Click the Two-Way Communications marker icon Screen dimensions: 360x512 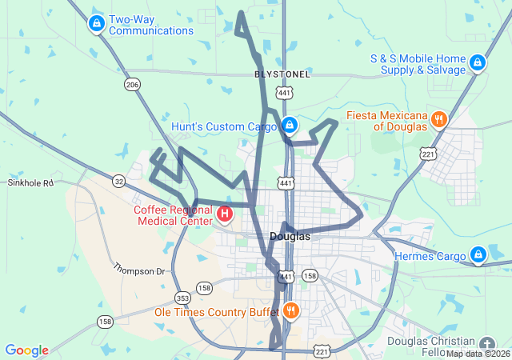click(97, 23)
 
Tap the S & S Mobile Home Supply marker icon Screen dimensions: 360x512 click(478, 62)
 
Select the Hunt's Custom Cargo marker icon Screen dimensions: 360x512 click(290, 126)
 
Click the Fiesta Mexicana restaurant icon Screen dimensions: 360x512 click(438, 120)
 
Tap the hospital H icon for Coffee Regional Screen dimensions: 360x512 click(225, 214)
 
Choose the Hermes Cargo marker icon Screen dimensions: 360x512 click(478, 255)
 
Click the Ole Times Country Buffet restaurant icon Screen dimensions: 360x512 click(290, 310)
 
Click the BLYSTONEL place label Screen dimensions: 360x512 click(282, 74)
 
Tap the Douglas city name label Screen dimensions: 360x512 click(290, 236)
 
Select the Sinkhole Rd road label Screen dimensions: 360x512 click(30, 182)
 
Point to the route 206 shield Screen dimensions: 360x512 click(132, 84)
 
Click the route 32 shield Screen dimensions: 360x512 click(118, 181)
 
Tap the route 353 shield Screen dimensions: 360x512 click(182, 297)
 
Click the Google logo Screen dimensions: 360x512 click(26, 350)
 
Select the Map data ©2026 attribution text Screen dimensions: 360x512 click(478, 354)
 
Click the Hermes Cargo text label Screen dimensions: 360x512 click(430, 257)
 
